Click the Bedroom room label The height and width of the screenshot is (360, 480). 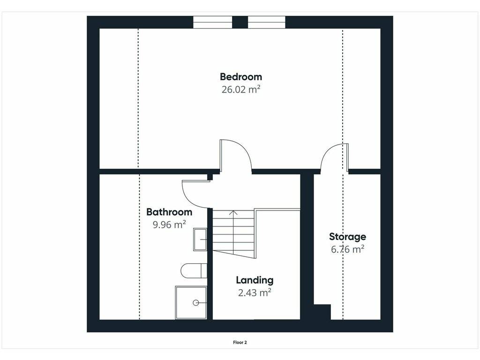pyautogui.click(x=241, y=77)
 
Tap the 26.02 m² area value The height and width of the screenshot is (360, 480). pyautogui.click(x=241, y=90)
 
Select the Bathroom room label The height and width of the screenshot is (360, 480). pyautogui.click(x=169, y=212)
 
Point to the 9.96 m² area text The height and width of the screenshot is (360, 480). pyautogui.click(x=169, y=225)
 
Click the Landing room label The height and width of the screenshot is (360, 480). pyautogui.click(x=255, y=280)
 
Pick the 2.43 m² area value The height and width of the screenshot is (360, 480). pyautogui.click(x=255, y=292)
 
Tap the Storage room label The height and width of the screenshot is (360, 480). pyautogui.click(x=347, y=237)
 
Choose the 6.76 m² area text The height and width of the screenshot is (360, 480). pyautogui.click(x=347, y=249)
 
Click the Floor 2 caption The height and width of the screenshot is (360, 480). pyautogui.click(x=240, y=343)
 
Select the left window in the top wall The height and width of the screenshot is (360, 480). pyautogui.click(x=213, y=22)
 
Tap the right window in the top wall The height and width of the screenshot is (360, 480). pyautogui.click(x=267, y=22)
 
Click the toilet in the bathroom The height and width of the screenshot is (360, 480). pyautogui.click(x=194, y=270)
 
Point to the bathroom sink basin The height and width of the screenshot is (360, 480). pyautogui.click(x=200, y=240)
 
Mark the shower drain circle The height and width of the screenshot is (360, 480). pyautogui.click(x=196, y=303)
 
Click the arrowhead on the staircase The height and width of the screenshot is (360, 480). pyautogui.click(x=233, y=212)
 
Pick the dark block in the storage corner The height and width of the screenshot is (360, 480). pyautogui.click(x=322, y=312)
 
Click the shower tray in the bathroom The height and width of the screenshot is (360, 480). pyautogui.click(x=191, y=303)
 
